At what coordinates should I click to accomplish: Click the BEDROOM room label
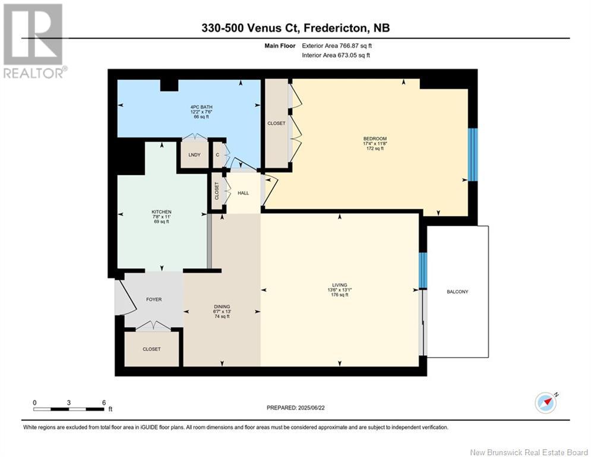tap(375, 139)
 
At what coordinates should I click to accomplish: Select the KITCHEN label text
tap(161, 212)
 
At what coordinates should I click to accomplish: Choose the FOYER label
tap(154, 299)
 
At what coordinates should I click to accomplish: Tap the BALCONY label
tap(457, 292)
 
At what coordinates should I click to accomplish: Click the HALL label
tap(244, 193)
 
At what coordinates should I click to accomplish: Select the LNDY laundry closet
tap(194, 155)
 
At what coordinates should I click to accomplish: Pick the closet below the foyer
tap(151, 349)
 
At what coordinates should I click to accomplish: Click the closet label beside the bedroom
tap(276, 123)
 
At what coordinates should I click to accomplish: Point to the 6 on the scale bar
tap(103, 402)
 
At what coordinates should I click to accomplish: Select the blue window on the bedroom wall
tap(473, 155)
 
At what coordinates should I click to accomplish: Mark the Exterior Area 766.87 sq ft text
tap(337, 45)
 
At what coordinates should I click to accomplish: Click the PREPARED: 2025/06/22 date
tap(296, 408)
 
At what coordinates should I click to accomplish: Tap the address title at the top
tap(295, 28)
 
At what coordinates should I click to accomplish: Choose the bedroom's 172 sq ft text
tap(375, 148)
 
